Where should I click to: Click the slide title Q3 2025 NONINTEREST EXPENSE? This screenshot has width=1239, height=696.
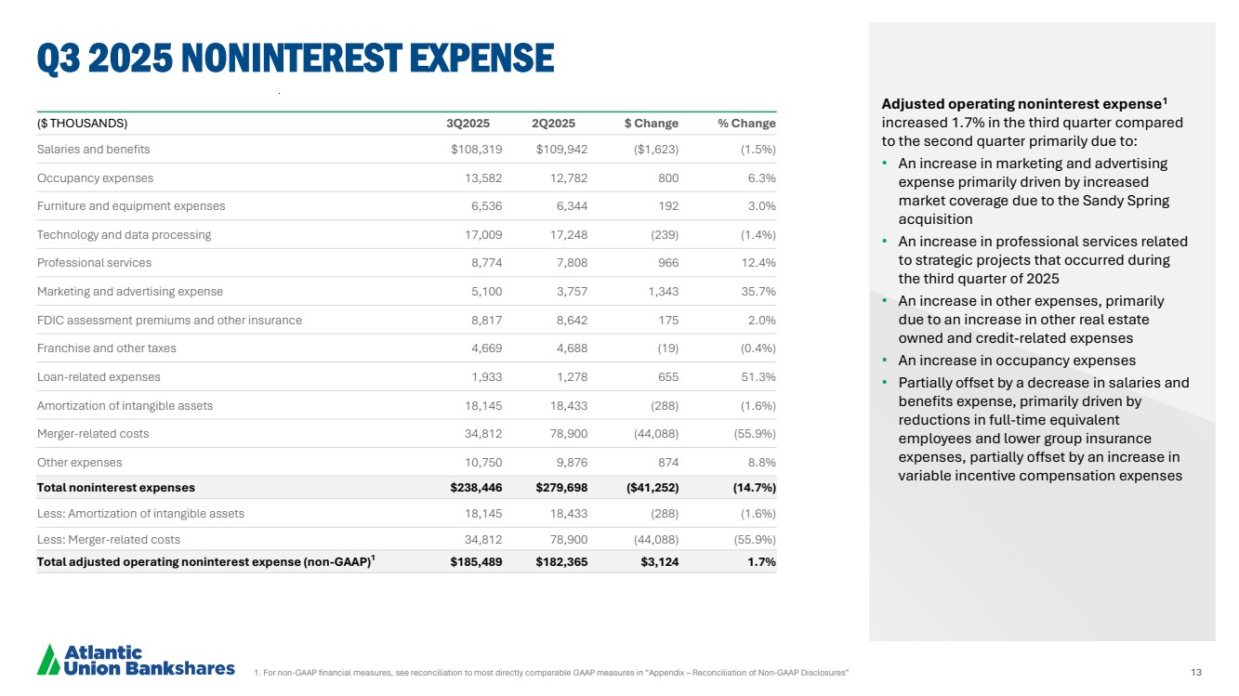pos(296,58)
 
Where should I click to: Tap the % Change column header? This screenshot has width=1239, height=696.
pos(746,124)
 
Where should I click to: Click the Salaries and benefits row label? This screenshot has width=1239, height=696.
pos(93,150)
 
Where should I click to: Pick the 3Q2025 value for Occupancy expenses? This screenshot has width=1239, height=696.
pos(483,177)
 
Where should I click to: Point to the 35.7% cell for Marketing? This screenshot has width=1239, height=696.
pos(758,292)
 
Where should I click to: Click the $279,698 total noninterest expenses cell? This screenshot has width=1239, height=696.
pos(561,487)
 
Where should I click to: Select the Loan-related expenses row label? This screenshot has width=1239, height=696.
pos(99,377)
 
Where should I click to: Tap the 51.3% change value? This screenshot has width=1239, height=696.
pos(758,377)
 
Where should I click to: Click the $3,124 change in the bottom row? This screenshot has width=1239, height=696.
pos(659,561)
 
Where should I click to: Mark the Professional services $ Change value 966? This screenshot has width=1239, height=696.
pos(666,263)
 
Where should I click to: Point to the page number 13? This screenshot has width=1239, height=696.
pos(1195,672)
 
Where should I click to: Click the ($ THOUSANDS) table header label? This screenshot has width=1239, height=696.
pos(82,124)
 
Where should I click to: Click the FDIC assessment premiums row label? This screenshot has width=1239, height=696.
pos(169,321)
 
